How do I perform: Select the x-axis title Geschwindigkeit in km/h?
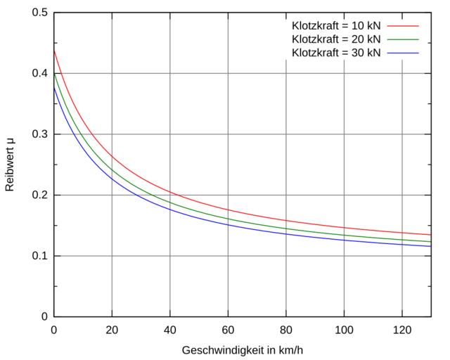pyautogui.click(x=242, y=349)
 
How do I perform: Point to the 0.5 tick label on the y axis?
pyautogui.click(x=40, y=13)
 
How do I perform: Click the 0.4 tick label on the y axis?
pyautogui.click(x=40, y=74)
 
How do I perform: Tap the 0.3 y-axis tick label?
pyautogui.click(x=40, y=134)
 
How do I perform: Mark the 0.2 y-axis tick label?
pyautogui.click(x=40, y=195)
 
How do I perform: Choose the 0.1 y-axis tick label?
pyautogui.click(x=40, y=256)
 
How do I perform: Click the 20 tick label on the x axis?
pyautogui.click(x=112, y=329)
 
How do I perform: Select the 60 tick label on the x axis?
pyautogui.click(x=228, y=329)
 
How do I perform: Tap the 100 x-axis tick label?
pyautogui.click(x=344, y=329)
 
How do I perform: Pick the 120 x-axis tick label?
pyautogui.click(x=401, y=329)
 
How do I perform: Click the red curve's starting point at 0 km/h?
pyautogui.click(x=54, y=50)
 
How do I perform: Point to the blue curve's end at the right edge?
pyautogui.click(x=430, y=246)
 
